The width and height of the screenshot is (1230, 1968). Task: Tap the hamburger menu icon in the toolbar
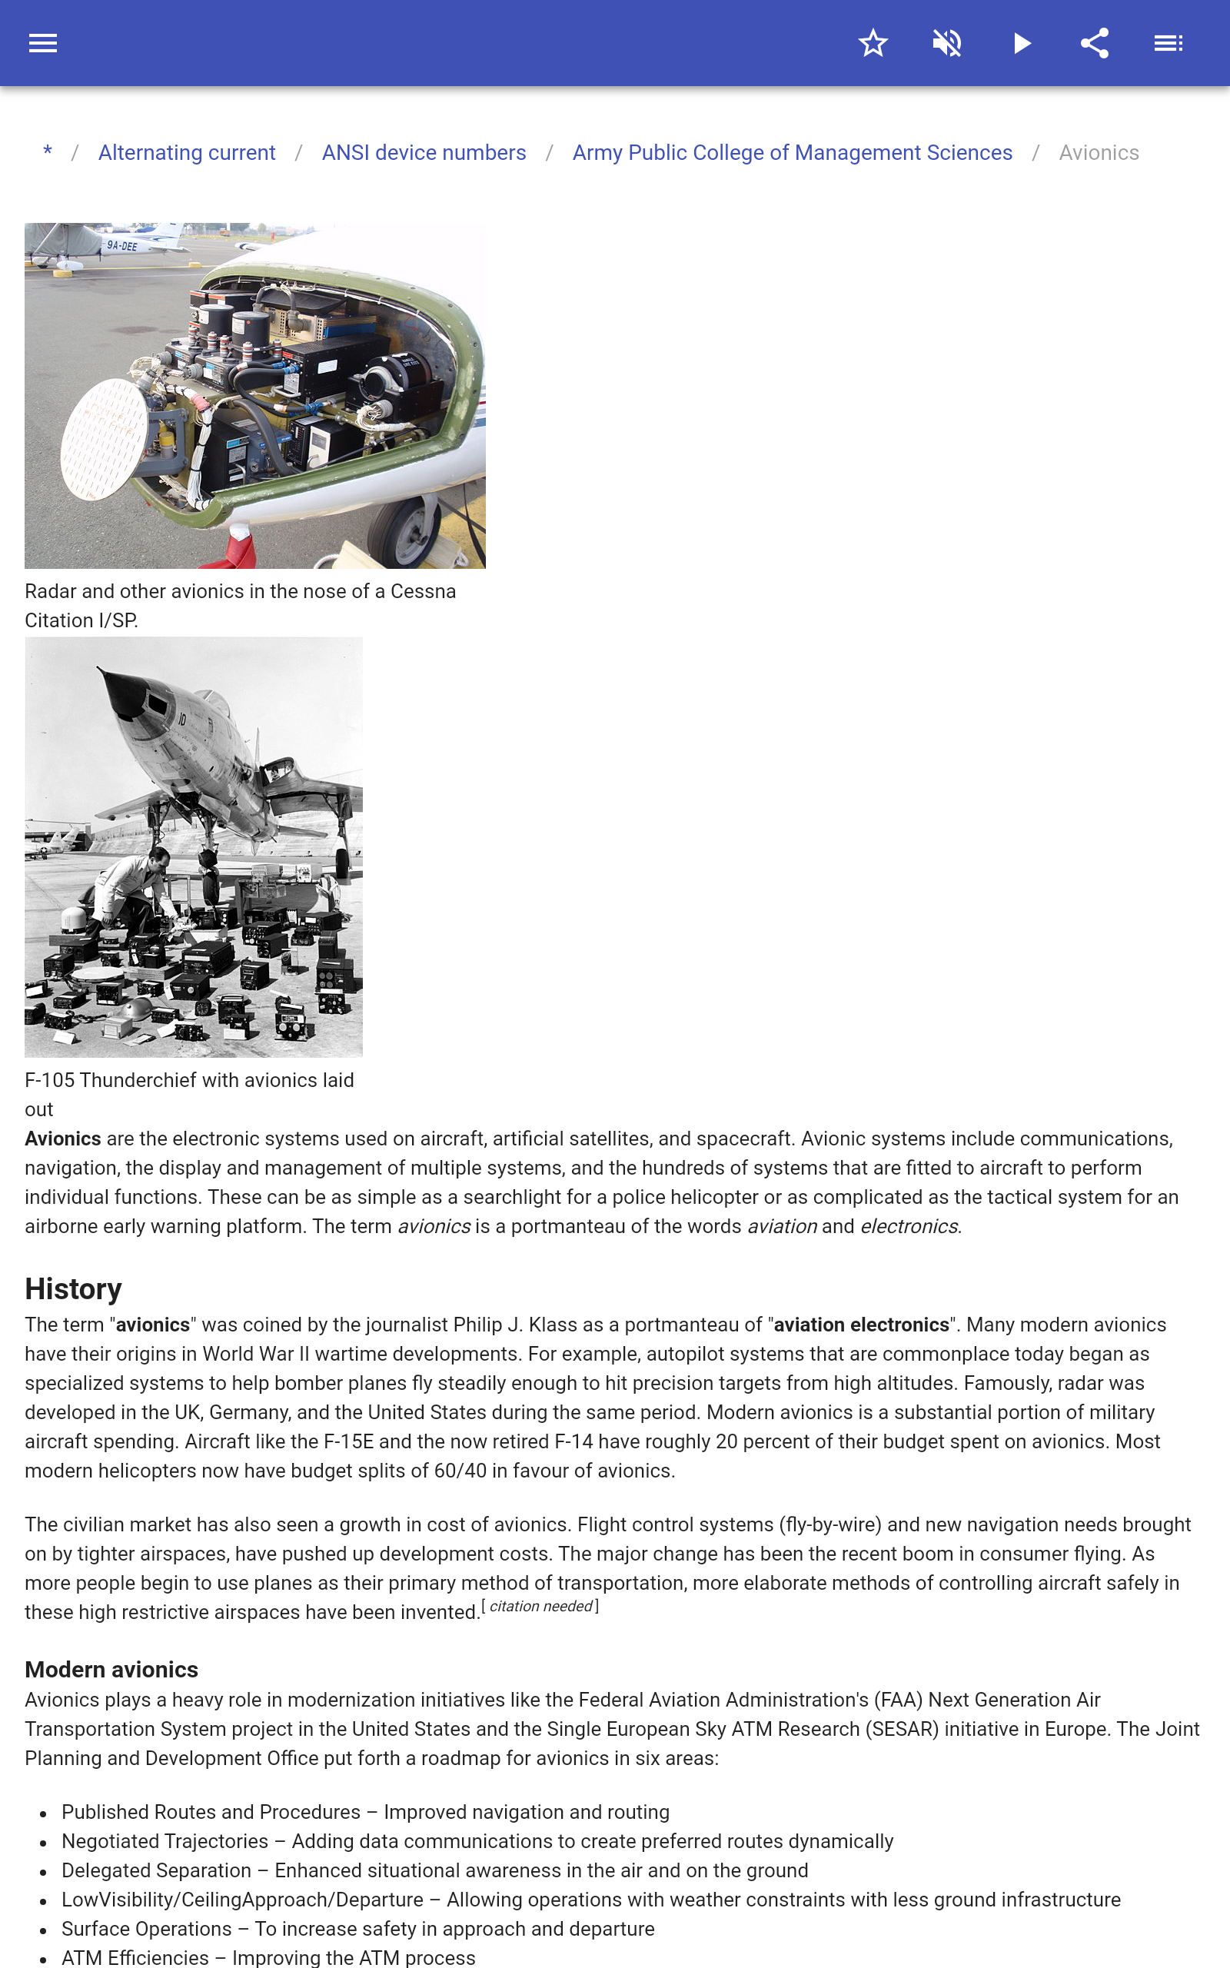[x=43, y=43]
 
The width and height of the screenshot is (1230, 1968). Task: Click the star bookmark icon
[x=873, y=43]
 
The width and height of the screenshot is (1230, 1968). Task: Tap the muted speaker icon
[x=947, y=43]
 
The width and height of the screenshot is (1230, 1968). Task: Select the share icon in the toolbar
[x=1094, y=43]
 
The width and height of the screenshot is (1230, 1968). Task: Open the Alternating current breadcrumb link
[x=186, y=153]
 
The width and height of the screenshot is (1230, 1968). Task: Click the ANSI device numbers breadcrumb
[x=424, y=153]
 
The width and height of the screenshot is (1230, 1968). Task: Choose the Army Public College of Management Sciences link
[x=792, y=153]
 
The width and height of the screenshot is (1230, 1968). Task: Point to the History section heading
[x=73, y=1289]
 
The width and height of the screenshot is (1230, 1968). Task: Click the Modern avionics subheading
[x=111, y=1670]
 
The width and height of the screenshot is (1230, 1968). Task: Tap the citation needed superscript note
[x=540, y=1607]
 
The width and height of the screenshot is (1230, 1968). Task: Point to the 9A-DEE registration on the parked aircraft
[x=122, y=245]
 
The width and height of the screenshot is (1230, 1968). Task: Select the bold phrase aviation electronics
[x=861, y=1325]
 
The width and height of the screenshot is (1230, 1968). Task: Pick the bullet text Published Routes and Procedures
[x=211, y=1812]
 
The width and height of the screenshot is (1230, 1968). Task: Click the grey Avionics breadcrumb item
[x=1099, y=153]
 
